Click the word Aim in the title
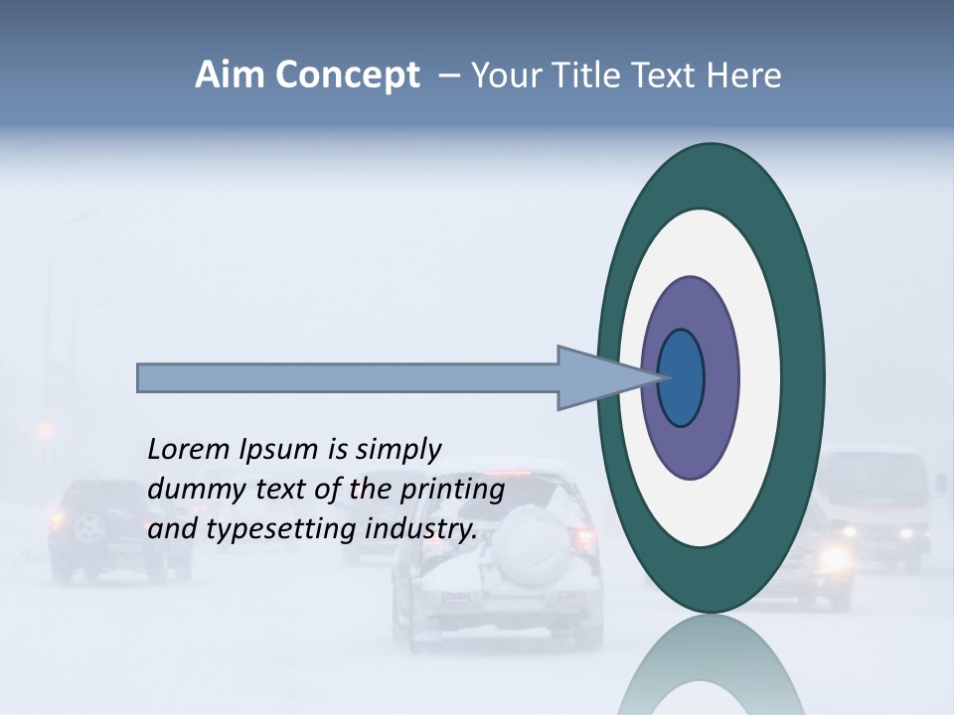pos(229,75)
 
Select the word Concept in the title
pos(348,76)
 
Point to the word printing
pos(451,490)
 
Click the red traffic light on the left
pos(45,430)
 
